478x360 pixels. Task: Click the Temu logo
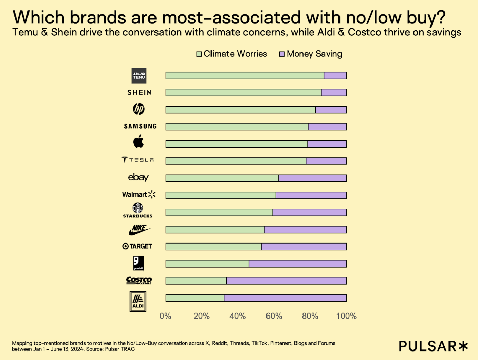139,75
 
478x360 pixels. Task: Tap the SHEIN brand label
140,92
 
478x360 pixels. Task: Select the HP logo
139,109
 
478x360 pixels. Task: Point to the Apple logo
138,141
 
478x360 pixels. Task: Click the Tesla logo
137,160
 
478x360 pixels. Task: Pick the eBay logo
138,177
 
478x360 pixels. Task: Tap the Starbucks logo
137,210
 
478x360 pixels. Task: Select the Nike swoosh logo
139,230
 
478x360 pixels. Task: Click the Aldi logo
138,301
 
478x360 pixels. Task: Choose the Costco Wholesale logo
139,281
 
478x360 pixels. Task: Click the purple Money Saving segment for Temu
335,75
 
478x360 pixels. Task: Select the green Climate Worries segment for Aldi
195,298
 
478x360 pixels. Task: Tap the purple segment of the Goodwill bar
297,264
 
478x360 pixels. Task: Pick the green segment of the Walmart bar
221,195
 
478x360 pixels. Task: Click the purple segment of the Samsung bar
327,127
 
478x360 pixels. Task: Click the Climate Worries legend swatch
199,54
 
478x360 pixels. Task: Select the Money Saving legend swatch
282,54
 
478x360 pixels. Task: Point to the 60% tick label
274,316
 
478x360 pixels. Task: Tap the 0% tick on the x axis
165,316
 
